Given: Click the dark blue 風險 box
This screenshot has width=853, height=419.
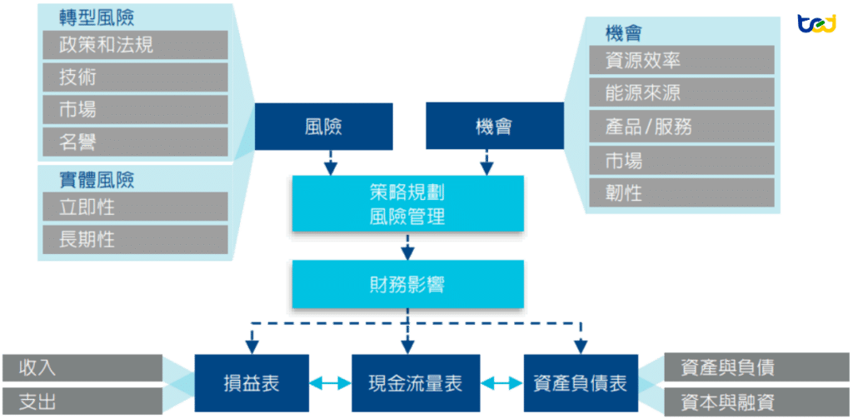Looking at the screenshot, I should (x=323, y=127).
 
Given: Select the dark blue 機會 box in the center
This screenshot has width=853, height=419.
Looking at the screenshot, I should (x=494, y=127).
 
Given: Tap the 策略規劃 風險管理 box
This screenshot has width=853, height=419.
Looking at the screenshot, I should (x=407, y=204).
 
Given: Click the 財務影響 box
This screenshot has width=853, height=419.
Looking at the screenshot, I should (x=407, y=284).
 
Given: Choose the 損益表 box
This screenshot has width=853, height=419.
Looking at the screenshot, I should (x=252, y=383).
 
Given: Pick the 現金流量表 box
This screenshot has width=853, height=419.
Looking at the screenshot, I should (x=414, y=383).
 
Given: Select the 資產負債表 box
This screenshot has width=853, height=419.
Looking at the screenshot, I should (x=580, y=383).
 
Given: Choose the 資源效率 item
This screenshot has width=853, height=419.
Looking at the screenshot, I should (x=682, y=60).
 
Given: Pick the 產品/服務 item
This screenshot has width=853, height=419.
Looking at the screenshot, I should (x=682, y=127).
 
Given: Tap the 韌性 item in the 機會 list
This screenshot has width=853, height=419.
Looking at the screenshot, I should (x=682, y=193).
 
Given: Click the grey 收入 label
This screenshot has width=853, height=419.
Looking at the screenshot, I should (x=82, y=367).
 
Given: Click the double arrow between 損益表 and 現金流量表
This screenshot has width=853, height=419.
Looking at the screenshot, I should (x=330, y=383).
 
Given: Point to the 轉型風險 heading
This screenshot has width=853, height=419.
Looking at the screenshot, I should (x=97, y=17).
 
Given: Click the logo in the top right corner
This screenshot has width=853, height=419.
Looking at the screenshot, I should (x=816, y=23).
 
